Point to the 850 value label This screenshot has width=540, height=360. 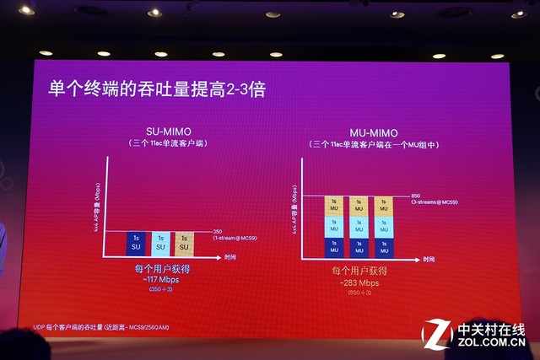click(415, 195)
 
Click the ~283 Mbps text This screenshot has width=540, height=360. click(360, 282)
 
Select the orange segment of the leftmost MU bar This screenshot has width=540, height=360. click(336, 206)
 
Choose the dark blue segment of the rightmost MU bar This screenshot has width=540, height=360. click(383, 247)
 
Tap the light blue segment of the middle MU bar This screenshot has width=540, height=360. click(359, 226)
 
